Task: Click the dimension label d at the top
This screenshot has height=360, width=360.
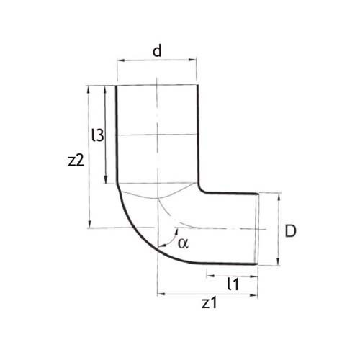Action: (x=156, y=51)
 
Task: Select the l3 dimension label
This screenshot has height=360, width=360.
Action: (x=98, y=135)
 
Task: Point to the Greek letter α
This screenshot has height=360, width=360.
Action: (x=183, y=243)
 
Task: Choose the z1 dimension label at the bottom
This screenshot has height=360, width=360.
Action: (x=209, y=303)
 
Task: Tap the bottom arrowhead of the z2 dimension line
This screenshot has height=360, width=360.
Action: (x=89, y=224)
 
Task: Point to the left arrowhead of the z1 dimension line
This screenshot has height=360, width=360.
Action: (x=161, y=294)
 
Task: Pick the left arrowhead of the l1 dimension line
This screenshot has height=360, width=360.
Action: (x=210, y=274)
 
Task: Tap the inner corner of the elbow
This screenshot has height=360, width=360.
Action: (x=201, y=192)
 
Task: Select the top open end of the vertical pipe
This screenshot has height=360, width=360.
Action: (x=156, y=86)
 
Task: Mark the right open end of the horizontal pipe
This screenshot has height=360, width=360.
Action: (x=258, y=229)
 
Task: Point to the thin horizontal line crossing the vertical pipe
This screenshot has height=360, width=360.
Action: (x=156, y=135)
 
